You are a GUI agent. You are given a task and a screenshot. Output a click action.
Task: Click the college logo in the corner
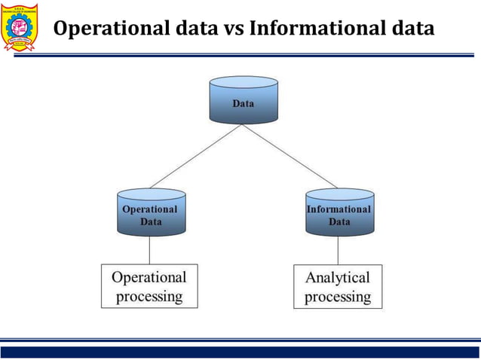coord(21,29)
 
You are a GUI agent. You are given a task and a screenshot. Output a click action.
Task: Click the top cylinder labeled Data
coord(244,100)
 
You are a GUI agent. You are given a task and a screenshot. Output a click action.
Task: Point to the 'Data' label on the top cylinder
coord(244,104)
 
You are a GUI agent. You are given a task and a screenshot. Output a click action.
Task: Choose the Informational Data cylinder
coord(339,212)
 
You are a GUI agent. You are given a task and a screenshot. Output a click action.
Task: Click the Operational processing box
coord(149,286)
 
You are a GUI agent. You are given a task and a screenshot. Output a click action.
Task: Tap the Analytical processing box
coord(338,286)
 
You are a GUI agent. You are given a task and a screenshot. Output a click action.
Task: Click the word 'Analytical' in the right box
coord(338,277)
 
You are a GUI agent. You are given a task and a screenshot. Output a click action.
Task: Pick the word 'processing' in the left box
coord(149,296)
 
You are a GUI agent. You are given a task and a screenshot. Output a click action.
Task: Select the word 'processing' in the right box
coord(338,296)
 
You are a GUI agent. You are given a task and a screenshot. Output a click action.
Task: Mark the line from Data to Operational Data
coord(196,156)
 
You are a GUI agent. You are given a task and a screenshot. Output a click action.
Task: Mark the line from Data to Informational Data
coord(290,156)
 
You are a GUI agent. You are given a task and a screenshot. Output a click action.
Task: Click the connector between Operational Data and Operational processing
coord(149,250)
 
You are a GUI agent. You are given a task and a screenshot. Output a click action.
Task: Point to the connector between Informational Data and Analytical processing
coord(338,250)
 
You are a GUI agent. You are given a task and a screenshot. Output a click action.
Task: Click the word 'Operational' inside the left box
coord(149,276)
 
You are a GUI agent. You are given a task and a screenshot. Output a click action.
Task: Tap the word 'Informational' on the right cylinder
coord(339,209)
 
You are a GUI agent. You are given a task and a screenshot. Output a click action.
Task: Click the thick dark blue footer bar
coord(240,352)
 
